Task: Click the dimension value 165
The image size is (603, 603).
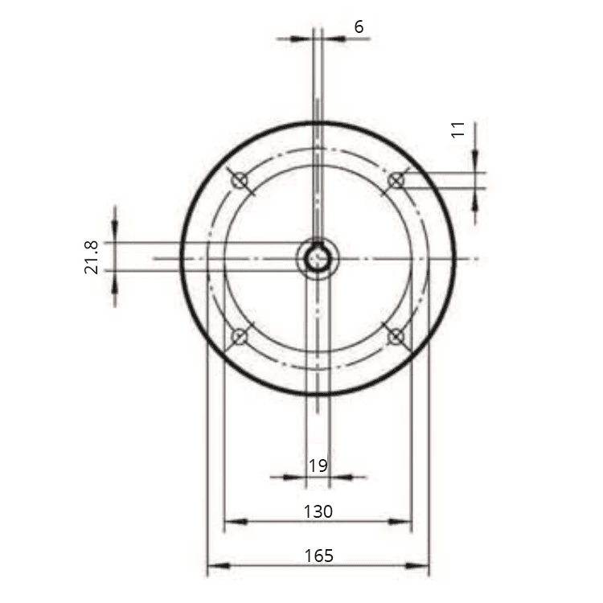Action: tap(318, 556)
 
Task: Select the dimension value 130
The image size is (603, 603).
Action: tap(318, 511)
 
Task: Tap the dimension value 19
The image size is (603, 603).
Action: tap(318, 466)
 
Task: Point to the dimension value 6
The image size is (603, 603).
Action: tap(359, 27)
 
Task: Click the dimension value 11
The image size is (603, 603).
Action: tap(458, 129)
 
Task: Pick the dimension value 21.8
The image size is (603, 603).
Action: tap(92, 257)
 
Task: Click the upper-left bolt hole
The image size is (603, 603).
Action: tap(240, 180)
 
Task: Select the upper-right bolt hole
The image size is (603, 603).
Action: tap(396, 180)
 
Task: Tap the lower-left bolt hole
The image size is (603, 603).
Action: tap(240, 337)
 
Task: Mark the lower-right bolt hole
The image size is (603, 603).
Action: tap(396, 337)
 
